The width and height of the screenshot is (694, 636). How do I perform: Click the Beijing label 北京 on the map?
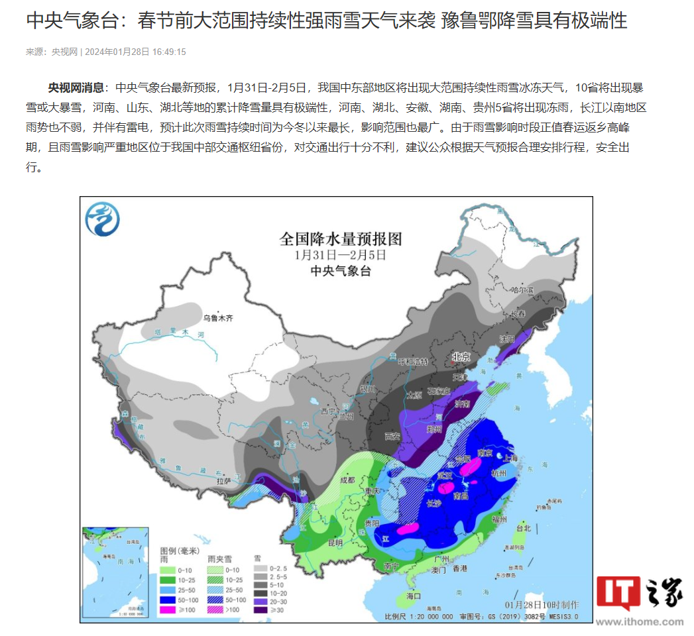(461, 356)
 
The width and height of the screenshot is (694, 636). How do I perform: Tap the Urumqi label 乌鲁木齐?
(219, 318)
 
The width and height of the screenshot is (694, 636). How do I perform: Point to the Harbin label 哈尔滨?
(522, 290)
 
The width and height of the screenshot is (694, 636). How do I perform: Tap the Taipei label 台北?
(523, 528)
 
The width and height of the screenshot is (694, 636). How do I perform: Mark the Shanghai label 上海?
(510, 457)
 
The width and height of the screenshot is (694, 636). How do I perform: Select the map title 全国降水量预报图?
(341, 238)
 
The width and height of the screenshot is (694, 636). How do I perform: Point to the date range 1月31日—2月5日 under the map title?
(340, 254)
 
